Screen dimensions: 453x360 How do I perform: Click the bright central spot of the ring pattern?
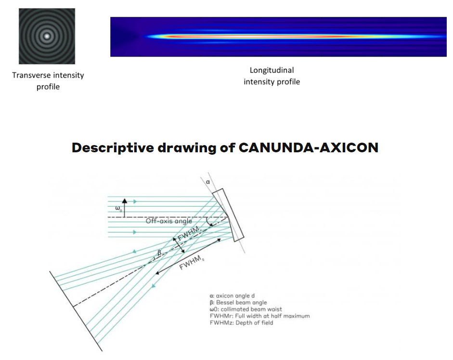[x=47, y=36]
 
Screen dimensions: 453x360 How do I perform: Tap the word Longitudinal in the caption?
[x=272, y=70]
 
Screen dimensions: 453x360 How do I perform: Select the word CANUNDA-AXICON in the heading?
[x=308, y=147]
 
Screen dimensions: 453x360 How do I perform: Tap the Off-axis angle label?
[x=168, y=221]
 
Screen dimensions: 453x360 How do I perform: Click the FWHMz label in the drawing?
[x=191, y=264]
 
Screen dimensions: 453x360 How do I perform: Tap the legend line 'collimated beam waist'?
[x=246, y=309]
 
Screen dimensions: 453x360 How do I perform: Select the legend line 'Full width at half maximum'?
[x=260, y=316]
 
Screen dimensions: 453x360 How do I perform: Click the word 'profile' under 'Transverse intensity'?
[x=48, y=87]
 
